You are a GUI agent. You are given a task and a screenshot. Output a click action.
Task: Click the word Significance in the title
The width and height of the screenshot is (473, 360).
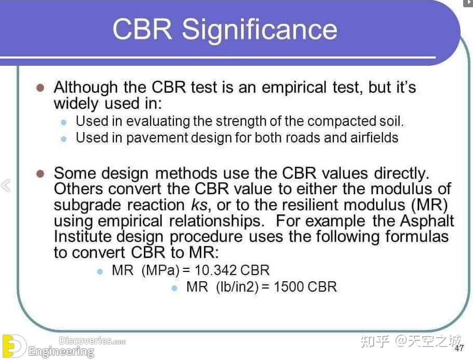(x=260, y=30)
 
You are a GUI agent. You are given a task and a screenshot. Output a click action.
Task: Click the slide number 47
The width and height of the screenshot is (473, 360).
(x=459, y=348)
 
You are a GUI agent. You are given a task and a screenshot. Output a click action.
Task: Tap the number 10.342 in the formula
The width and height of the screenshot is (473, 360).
(x=214, y=270)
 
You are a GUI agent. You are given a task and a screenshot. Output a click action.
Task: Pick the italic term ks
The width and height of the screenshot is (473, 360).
(x=199, y=205)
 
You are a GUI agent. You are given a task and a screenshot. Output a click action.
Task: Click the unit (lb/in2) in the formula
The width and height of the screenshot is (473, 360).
(x=236, y=286)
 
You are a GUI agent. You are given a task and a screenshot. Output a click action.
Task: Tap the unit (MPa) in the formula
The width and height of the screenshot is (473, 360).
(x=161, y=270)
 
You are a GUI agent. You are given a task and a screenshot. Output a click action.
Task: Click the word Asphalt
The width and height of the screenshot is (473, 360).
(x=427, y=221)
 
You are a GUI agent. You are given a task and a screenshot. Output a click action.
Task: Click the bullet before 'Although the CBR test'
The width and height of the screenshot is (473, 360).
(x=41, y=87)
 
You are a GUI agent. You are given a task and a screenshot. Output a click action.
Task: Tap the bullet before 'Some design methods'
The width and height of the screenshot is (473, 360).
(x=41, y=174)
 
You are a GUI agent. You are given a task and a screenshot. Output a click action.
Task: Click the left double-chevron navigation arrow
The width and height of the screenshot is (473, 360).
(x=6, y=185)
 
